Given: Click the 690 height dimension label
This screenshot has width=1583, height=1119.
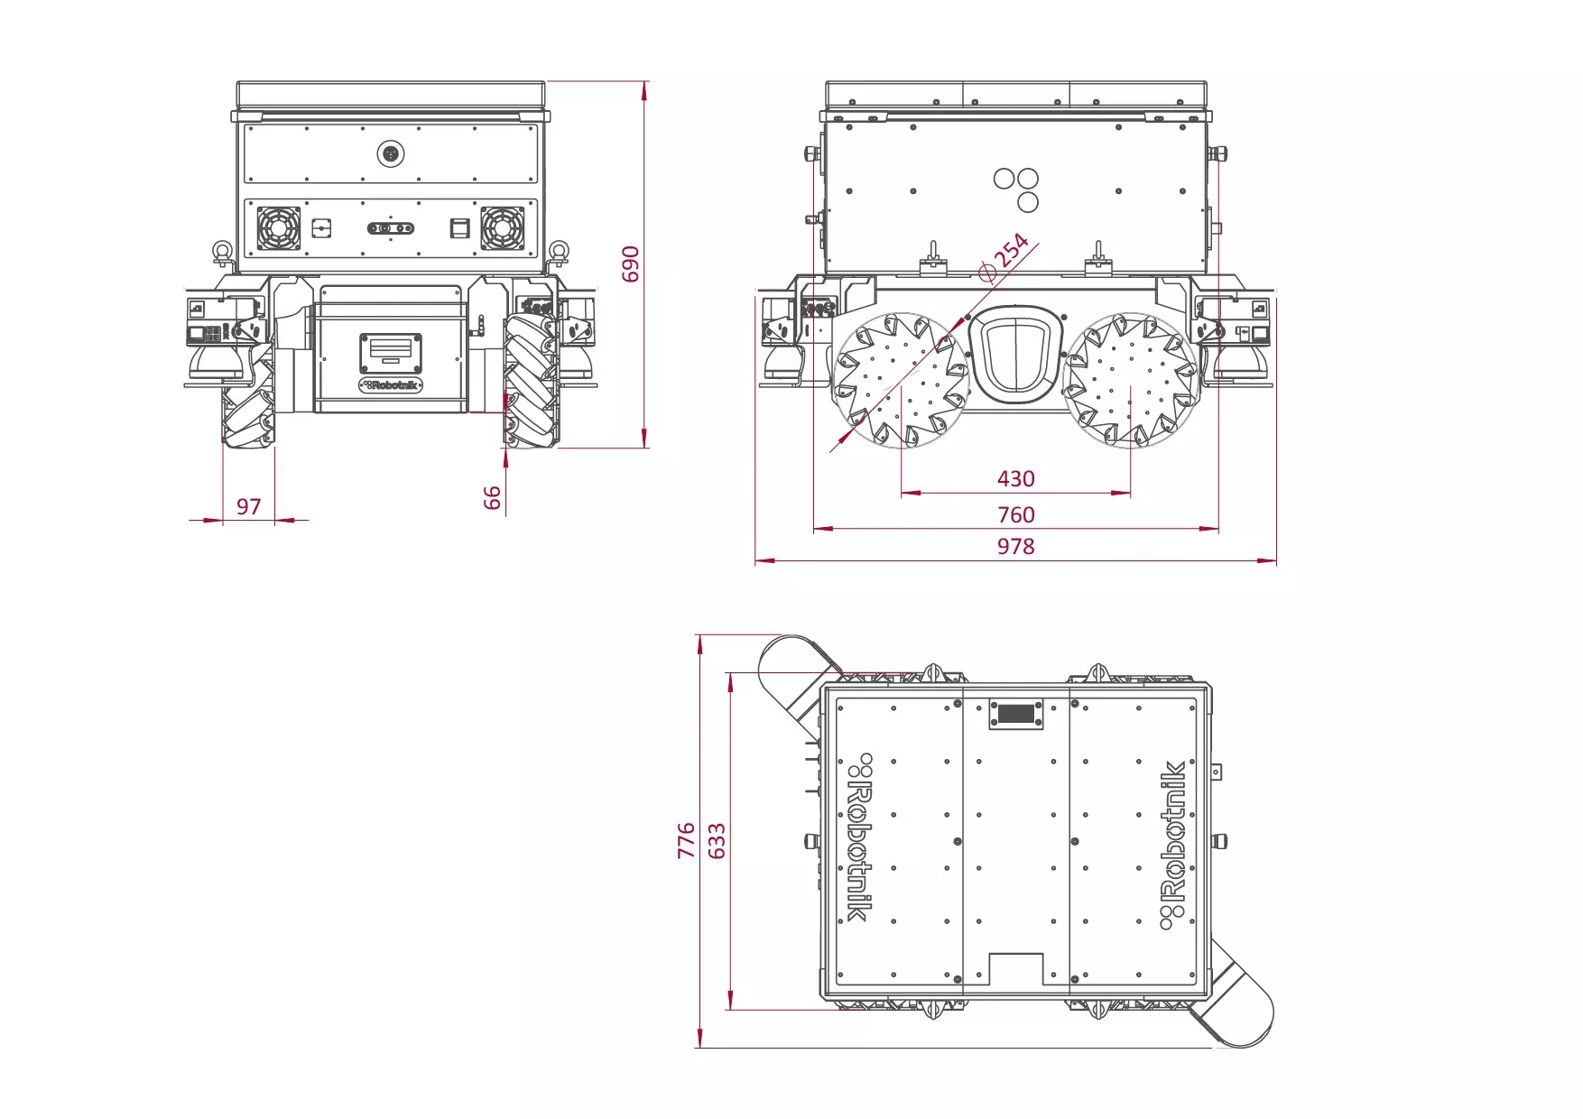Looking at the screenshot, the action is click(x=631, y=264).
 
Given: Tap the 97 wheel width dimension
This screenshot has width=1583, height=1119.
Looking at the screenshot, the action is click(x=249, y=506).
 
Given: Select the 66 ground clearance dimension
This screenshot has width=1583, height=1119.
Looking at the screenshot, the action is click(x=492, y=497).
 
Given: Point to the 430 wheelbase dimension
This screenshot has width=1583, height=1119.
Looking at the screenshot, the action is click(x=1015, y=478).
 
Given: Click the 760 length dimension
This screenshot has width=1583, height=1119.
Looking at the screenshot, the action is click(x=1015, y=514).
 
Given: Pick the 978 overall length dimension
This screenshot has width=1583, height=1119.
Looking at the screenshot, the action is click(x=1015, y=546).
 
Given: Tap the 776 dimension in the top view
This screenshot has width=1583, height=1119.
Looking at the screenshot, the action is click(x=687, y=840).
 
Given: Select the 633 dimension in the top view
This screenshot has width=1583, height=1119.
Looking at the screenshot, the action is click(x=717, y=840).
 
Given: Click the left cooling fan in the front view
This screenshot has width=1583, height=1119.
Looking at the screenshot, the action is click(x=279, y=228).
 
